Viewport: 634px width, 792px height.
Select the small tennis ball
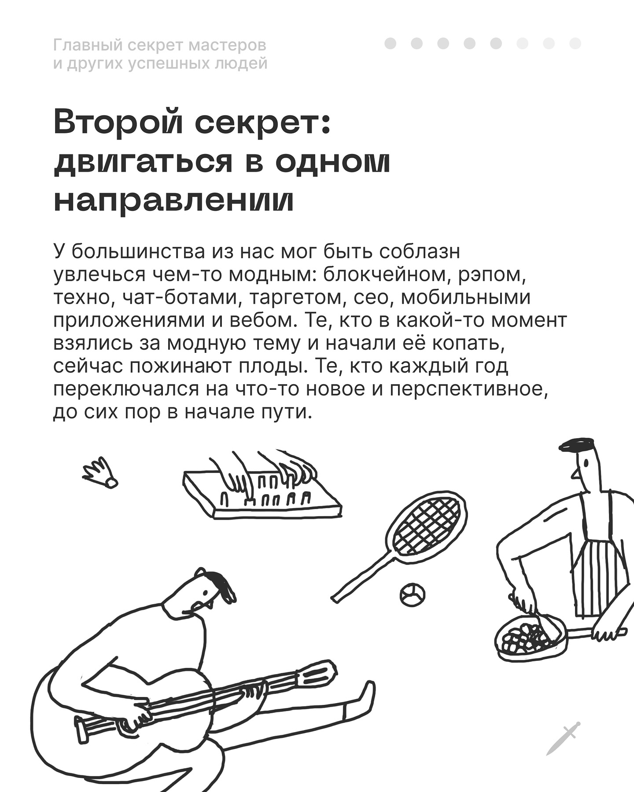413,594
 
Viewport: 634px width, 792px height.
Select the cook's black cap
576,445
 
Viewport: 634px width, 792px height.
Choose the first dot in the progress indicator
390,44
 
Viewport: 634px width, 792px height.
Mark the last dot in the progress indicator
575,44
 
